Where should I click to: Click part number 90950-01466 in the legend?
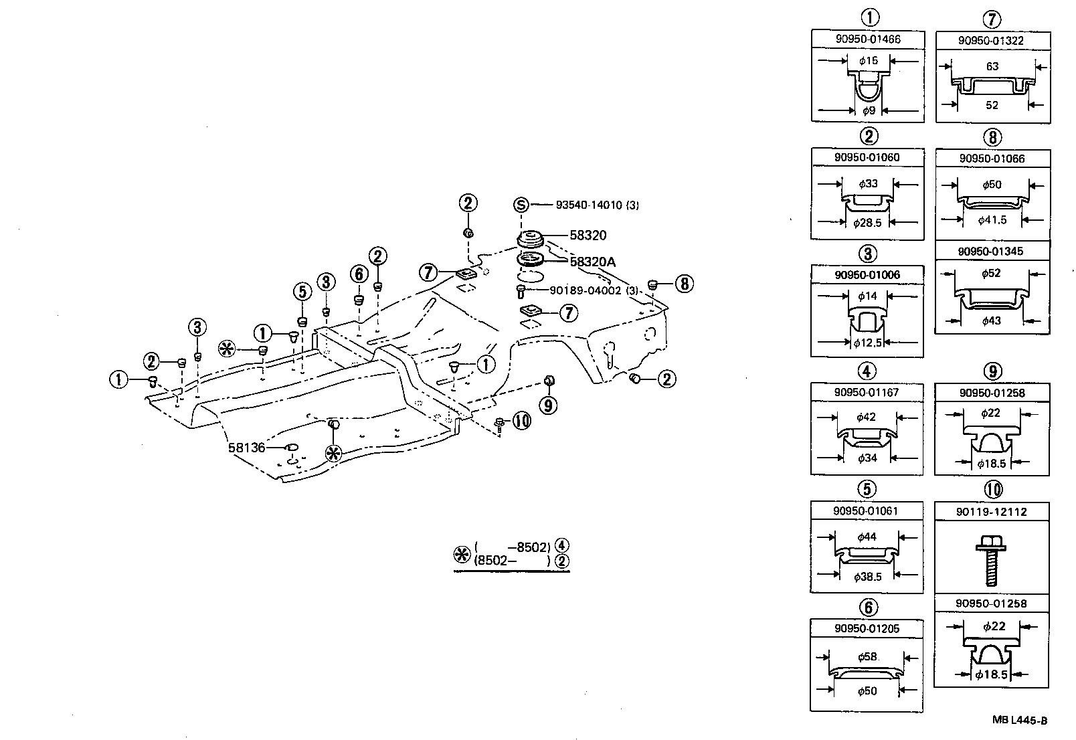(x=867, y=39)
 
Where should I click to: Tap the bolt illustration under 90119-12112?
(x=991, y=560)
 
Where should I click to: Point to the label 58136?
(x=247, y=447)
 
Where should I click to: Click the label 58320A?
(x=592, y=262)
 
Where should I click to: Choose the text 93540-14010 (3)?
(x=597, y=205)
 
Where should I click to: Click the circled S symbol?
(x=522, y=205)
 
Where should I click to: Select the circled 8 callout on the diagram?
(x=683, y=284)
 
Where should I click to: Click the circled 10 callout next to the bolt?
(x=521, y=420)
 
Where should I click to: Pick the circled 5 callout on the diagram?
(x=302, y=292)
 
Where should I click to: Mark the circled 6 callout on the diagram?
(x=359, y=274)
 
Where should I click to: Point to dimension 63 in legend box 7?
(x=992, y=66)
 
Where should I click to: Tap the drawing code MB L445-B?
(x=1019, y=721)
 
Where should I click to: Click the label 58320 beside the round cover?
(x=588, y=235)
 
